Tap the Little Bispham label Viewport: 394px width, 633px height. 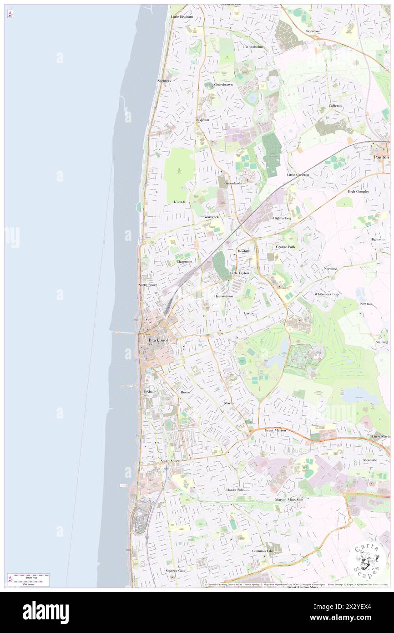[x=182, y=17]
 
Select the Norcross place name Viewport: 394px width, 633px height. [x=313, y=31]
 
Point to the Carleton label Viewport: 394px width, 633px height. [x=335, y=106]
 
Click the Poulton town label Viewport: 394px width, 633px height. [x=381, y=157]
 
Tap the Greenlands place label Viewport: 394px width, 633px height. [x=233, y=183]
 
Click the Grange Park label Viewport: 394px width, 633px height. [x=285, y=247]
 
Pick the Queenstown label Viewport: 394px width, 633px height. [x=224, y=296]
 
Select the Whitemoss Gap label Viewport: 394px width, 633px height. [x=327, y=294]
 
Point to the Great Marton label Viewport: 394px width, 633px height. [x=275, y=430]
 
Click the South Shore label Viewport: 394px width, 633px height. [x=170, y=461]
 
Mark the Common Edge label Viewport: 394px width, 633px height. [x=263, y=551]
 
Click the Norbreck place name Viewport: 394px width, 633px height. [x=164, y=81]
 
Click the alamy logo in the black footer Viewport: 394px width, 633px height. [x=45, y=613]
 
